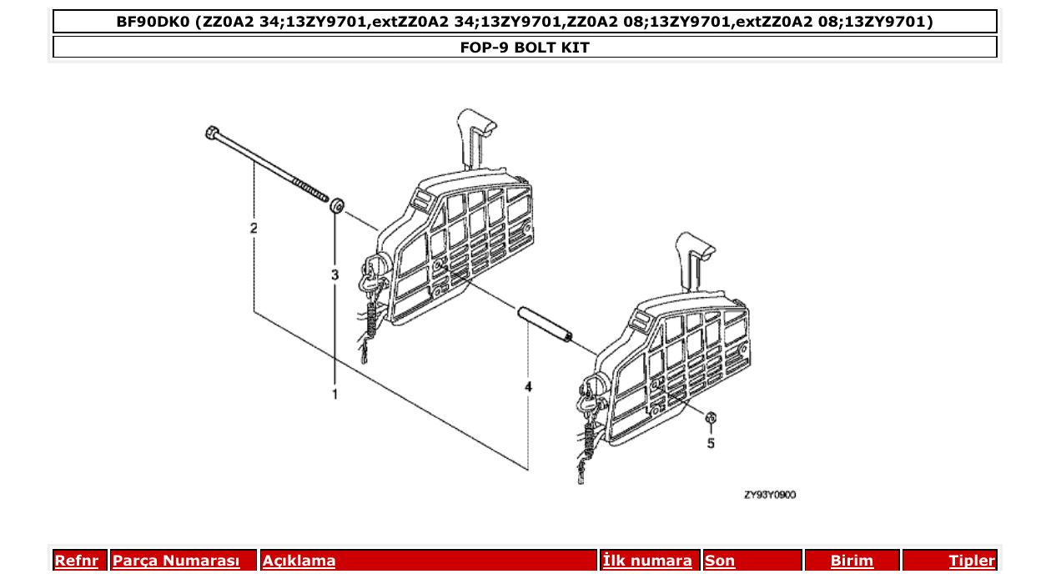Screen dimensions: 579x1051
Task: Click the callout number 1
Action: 335,394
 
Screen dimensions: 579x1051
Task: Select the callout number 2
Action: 254,228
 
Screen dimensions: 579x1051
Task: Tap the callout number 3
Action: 335,274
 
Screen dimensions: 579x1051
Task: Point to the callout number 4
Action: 528,387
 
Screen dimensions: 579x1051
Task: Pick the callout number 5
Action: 711,444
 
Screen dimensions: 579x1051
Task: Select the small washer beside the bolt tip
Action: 337,204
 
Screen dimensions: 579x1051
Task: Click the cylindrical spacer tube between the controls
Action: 543,324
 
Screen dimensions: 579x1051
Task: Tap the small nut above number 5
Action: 711,418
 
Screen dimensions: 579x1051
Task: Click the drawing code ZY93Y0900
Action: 769,495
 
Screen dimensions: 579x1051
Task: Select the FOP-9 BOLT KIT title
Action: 525,48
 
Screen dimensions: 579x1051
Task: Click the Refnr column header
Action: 76,561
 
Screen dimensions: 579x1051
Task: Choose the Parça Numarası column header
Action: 176,561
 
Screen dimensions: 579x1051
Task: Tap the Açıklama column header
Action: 299,561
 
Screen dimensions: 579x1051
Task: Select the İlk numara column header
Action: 647,561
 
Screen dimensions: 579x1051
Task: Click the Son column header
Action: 720,561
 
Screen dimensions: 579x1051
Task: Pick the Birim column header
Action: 852,561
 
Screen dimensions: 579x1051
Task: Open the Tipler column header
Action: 971,561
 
